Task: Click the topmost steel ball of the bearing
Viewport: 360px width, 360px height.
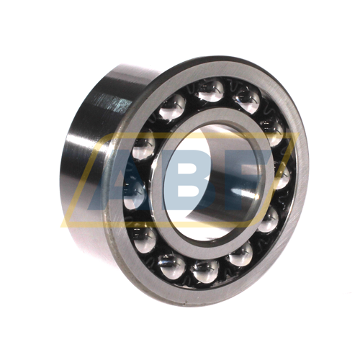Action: [210, 91]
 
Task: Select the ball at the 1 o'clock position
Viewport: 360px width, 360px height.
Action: [247, 101]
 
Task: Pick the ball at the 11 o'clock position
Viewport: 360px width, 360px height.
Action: [172, 107]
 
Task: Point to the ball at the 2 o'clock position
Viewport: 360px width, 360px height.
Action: [272, 131]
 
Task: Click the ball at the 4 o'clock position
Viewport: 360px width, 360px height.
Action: [268, 218]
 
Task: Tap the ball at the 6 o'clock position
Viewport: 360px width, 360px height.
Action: [204, 271]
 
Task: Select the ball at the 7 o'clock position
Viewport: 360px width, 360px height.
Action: [171, 266]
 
